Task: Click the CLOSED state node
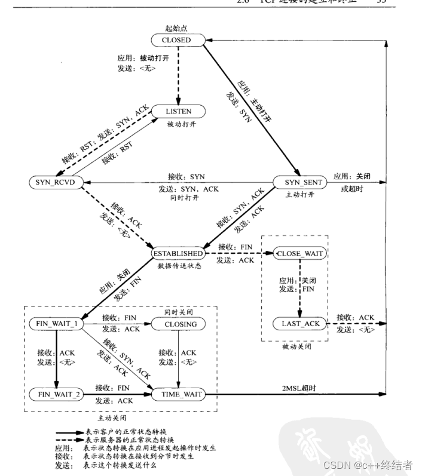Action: coord(176,40)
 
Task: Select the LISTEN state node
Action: coord(178,112)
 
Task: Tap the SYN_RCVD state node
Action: coord(54,182)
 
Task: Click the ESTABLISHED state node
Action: coord(178,253)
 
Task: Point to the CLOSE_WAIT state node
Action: coord(299,253)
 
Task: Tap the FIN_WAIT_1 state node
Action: coord(55,324)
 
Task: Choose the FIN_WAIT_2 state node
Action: coord(55,394)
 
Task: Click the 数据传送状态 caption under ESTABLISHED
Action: coord(178,265)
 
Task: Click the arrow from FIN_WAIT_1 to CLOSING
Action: coord(117,324)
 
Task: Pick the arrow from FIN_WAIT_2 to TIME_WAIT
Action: coord(117,394)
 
